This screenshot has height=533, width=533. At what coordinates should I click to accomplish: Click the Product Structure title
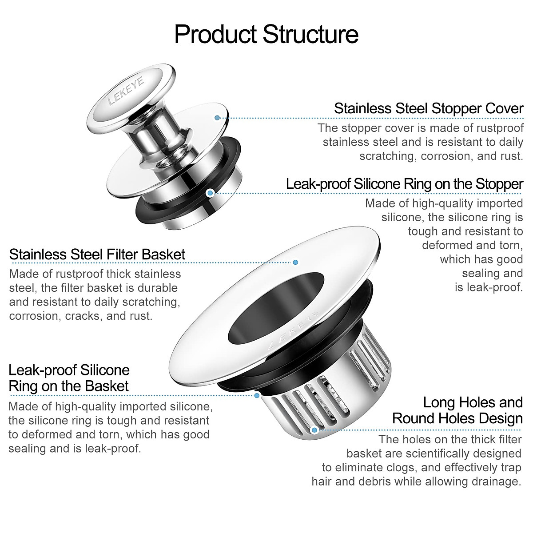click(266, 34)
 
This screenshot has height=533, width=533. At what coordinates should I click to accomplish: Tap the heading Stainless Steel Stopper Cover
click(429, 108)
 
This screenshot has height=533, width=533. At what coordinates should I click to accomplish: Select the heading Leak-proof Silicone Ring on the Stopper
click(405, 183)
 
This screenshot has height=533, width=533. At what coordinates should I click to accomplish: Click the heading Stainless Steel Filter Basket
click(97, 255)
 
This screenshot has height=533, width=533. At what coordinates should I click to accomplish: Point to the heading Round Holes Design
click(457, 418)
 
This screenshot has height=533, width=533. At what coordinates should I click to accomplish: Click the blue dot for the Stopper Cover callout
click(217, 118)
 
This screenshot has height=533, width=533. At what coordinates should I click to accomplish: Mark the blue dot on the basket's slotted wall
click(314, 430)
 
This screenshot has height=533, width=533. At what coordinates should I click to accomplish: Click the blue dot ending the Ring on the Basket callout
click(257, 394)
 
